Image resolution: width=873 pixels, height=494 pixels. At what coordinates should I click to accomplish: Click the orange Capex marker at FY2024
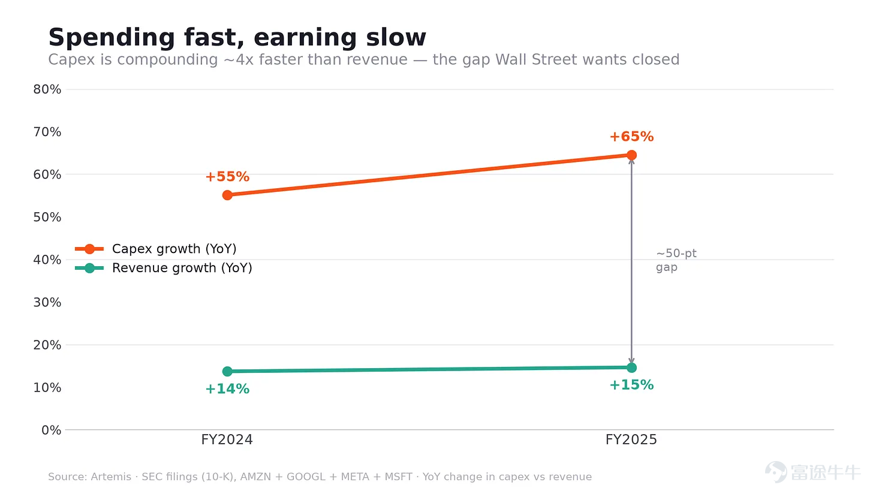pyautogui.click(x=227, y=195)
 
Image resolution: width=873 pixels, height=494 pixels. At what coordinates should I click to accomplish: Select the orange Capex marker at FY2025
pyautogui.click(x=631, y=155)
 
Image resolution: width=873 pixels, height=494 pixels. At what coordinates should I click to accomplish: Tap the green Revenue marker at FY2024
pyautogui.click(x=227, y=371)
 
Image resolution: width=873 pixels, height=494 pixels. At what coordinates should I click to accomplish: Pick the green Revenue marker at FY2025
pyautogui.click(x=631, y=368)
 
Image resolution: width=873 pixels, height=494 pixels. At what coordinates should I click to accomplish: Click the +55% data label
pyautogui.click(x=227, y=176)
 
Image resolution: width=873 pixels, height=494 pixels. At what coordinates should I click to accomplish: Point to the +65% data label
pyautogui.click(x=631, y=136)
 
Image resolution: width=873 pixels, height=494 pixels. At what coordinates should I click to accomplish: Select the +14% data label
pyautogui.click(x=227, y=388)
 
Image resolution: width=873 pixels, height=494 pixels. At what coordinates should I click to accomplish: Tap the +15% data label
pyautogui.click(x=631, y=384)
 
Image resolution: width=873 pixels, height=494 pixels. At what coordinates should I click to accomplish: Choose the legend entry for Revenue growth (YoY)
pyautogui.click(x=164, y=268)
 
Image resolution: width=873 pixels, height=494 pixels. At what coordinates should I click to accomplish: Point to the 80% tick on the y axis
pyautogui.click(x=47, y=89)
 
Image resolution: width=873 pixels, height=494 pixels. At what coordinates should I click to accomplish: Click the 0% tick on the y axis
pyautogui.click(x=52, y=430)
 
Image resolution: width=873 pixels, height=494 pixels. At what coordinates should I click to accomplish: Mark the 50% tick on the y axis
pyautogui.click(x=47, y=217)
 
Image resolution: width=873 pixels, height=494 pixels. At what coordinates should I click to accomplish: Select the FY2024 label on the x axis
pyautogui.click(x=227, y=440)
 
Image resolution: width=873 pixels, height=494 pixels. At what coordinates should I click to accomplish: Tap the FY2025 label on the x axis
pyautogui.click(x=631, y=440)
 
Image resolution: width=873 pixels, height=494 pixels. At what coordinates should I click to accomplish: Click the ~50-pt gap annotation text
pyautogui.click(x=676, y=260)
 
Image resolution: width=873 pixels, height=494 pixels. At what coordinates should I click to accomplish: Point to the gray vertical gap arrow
pyautogui.click(x=631, y=261)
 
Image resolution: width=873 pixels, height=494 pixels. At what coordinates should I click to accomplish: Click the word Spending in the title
pyautogui.click(x=112, y=38)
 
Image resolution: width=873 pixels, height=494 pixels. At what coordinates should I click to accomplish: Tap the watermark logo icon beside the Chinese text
pyautogui.click(x=776, y=472)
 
